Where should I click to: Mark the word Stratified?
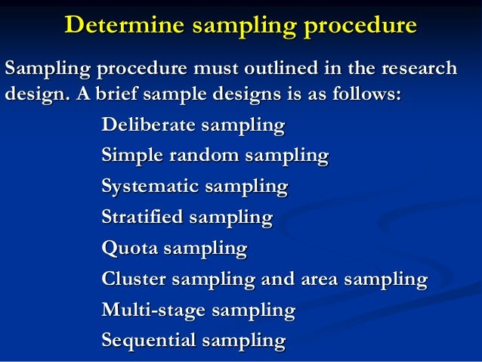pos(141,218)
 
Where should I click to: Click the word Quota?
pos(125,248)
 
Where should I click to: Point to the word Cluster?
pos(131,279)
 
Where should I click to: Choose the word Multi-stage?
pos(153,310)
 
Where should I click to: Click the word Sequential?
pos(145,341)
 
